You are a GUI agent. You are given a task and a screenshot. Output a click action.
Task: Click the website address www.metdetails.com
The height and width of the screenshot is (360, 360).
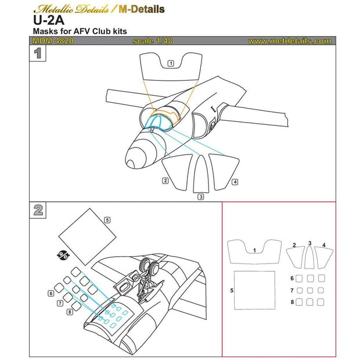[x=289, y=41]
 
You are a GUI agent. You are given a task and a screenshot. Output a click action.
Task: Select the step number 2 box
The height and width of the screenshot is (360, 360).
[x=38, y=210]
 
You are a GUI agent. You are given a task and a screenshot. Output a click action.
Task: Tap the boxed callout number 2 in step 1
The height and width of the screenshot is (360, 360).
[x=165, y=181]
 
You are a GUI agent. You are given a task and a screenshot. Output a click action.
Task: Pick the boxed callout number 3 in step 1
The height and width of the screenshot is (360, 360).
[x=200, y=197]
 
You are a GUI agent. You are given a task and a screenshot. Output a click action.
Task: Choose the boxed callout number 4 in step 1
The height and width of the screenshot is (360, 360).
[x=234, y=182]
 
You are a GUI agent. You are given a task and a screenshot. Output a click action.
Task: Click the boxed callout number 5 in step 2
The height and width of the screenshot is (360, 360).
[x=107, y=220]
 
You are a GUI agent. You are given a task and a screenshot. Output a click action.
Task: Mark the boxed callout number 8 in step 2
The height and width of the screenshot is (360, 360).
[x=70, y=312]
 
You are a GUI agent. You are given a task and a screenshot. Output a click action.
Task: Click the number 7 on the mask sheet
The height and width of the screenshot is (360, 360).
[x=293, y=290]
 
